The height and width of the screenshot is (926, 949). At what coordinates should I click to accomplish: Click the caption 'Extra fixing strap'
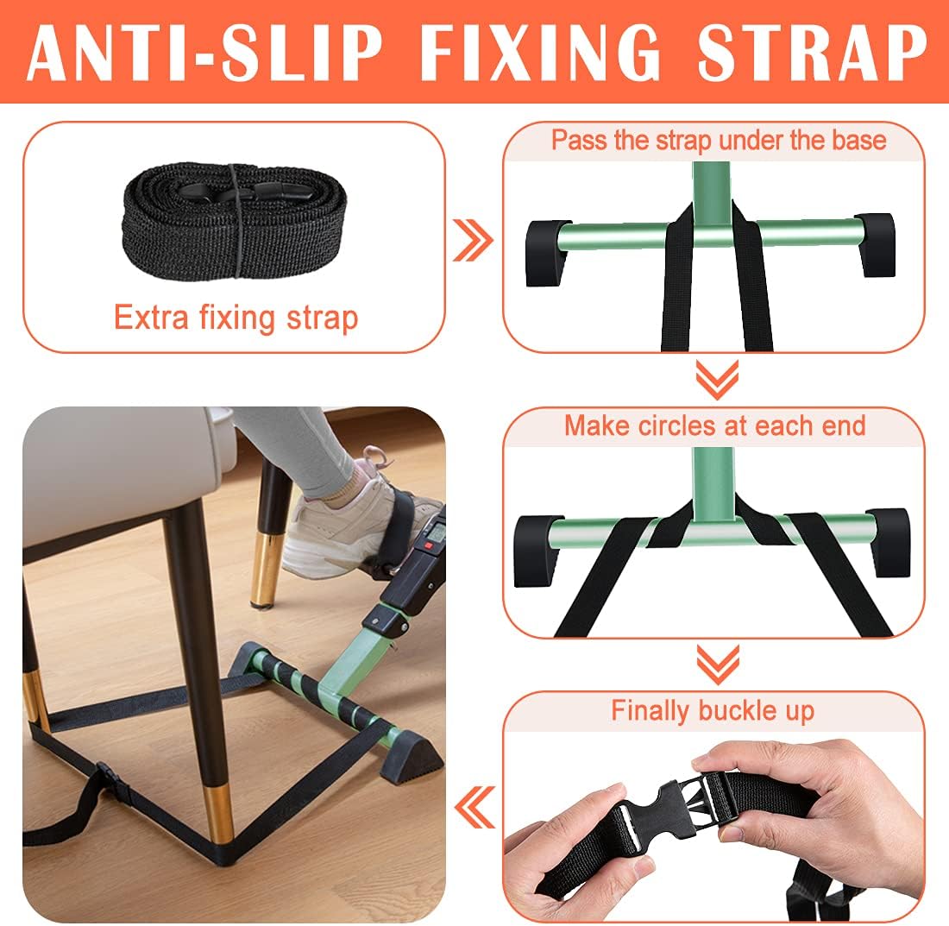pos(236,318)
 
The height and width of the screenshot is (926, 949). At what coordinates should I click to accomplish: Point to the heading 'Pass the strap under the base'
pos(719,141)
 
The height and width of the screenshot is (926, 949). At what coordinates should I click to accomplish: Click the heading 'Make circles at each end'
pos(715,425)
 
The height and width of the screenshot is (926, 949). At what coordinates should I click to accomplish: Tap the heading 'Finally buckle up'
pos(713,711)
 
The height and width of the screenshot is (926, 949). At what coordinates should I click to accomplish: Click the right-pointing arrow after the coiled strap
pos(474,240)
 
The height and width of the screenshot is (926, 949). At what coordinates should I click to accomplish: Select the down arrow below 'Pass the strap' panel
pos(717,380)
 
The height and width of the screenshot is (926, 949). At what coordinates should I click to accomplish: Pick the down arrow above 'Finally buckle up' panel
pos(718,664)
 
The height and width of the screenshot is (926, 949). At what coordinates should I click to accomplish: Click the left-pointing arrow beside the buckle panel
pos(474,808)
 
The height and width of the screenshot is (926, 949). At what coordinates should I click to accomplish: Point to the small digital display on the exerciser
pos(435,532)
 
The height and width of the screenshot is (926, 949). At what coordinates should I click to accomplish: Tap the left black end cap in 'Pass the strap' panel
pos(546,253)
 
